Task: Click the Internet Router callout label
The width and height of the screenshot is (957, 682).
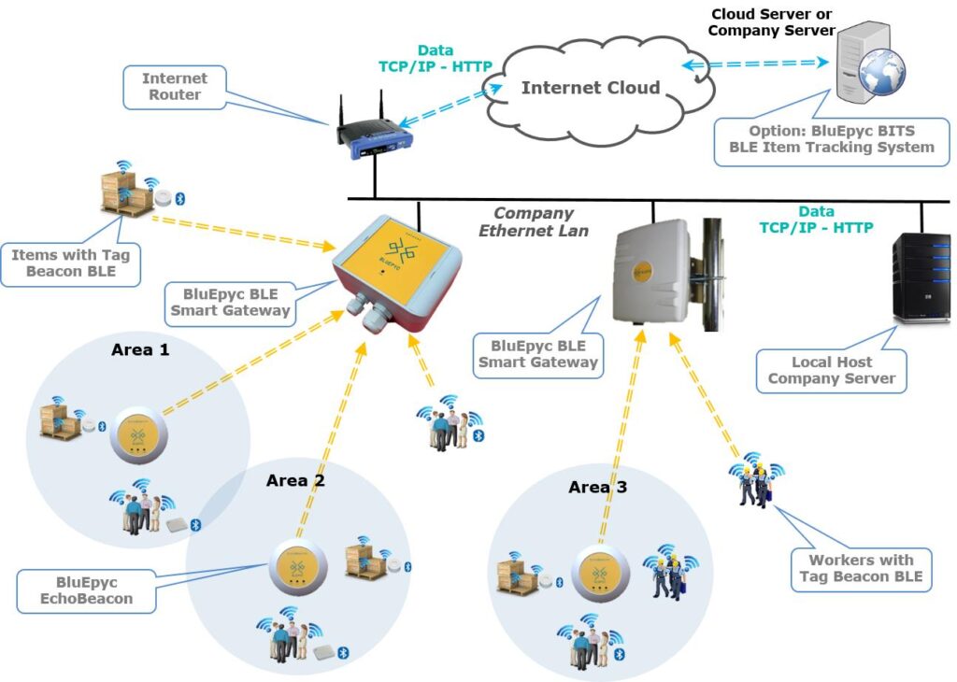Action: click(173, 86)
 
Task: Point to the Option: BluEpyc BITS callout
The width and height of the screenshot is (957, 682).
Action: click(830, 139)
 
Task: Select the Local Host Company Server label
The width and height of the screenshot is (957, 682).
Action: click(831, 370)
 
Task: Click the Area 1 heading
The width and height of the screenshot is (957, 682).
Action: click(141, 349)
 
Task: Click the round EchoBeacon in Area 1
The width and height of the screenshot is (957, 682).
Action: click(137, 435)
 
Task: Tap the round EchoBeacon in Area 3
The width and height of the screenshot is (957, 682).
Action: click(599, 569)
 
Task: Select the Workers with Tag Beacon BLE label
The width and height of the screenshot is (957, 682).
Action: click(861, 569)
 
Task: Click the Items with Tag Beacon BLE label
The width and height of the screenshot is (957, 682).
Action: click(64, 262)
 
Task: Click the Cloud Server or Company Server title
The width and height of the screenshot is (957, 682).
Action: click(771, 22)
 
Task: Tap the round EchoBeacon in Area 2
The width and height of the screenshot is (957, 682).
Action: click(297, 567)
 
